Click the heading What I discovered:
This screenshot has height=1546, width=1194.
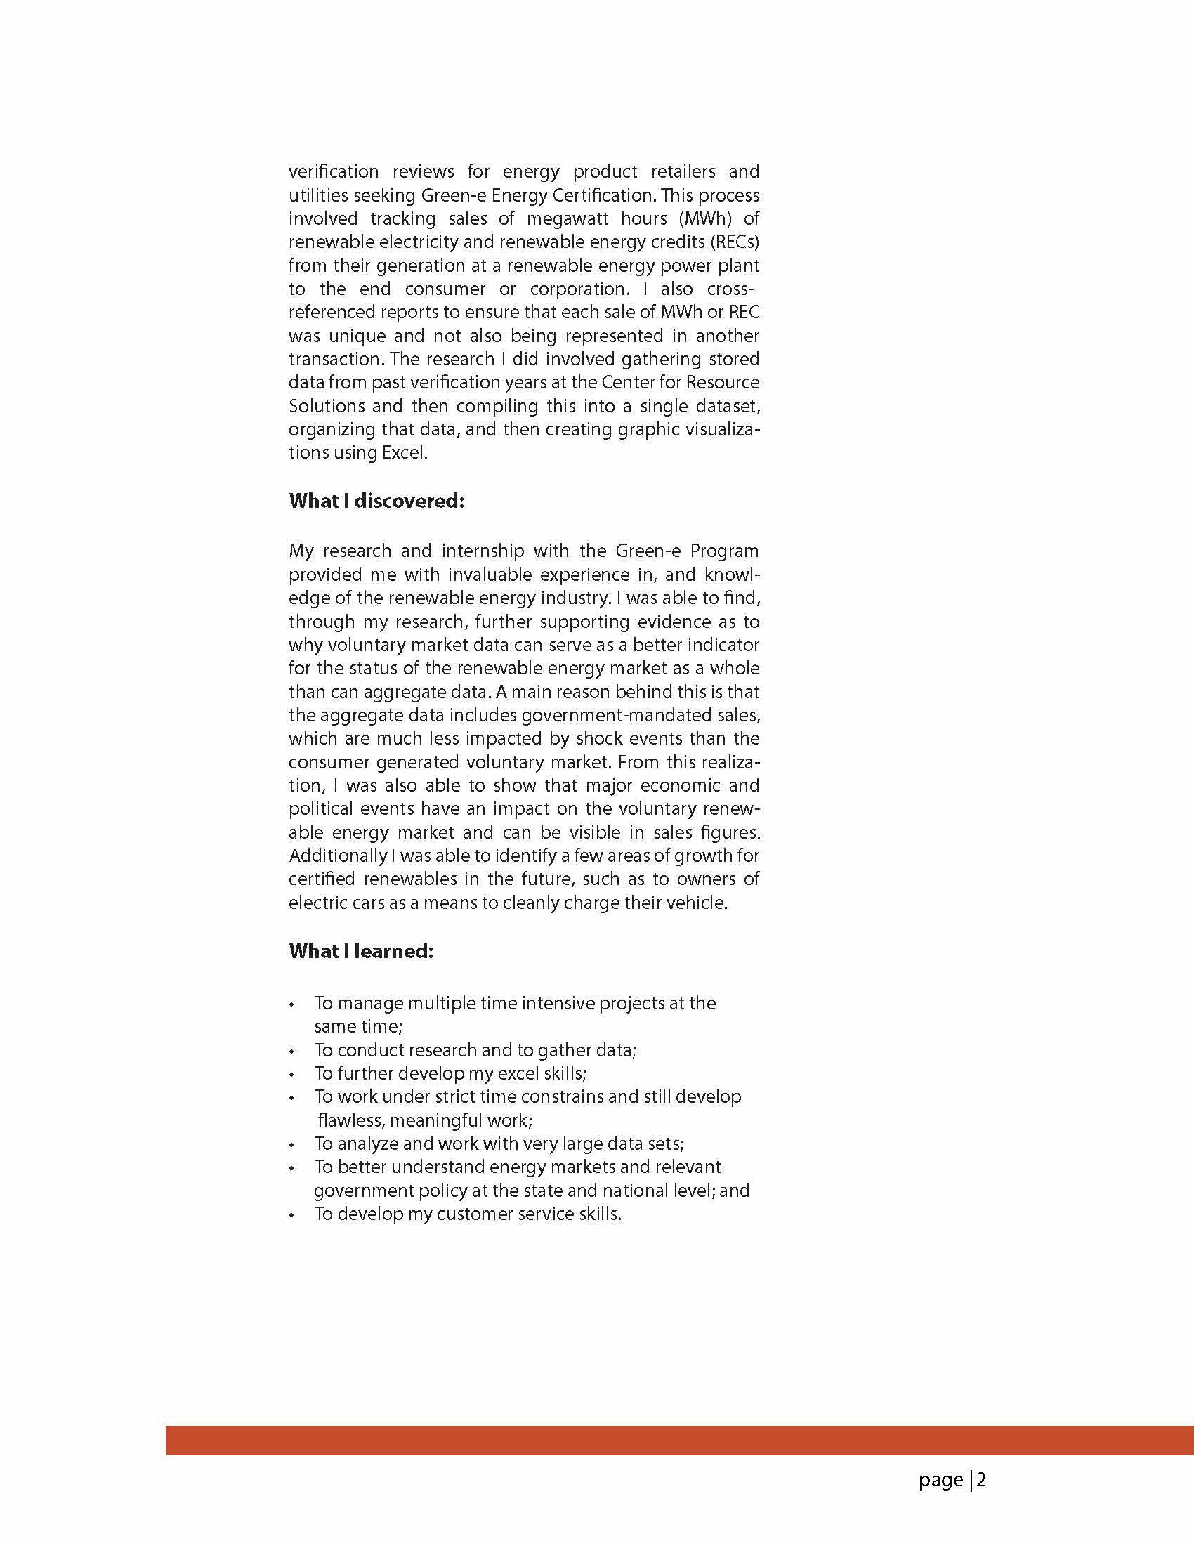click(376, 502)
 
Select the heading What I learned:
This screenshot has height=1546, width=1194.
click(361, 950)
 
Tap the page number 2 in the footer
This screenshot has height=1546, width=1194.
click(982, 1480)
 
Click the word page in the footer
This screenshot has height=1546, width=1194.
click(940, 1481)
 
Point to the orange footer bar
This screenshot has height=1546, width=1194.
click(679, 1441)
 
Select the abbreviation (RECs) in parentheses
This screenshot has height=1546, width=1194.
click(735, 242)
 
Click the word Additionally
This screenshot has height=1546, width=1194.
click(338, 856)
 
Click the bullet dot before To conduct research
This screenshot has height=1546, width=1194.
click(291, 1052)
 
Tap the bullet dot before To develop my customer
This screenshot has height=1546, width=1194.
click(291, 1215)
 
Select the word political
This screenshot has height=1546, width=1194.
click(321, 809)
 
